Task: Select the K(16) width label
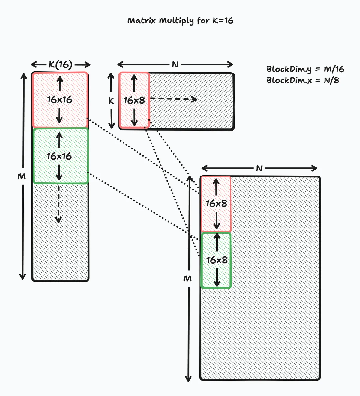(61, 64)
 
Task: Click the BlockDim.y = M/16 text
(305, 69)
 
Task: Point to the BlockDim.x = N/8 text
(303, 80)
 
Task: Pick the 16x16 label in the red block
(60, 100)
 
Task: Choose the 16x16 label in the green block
(59, 156)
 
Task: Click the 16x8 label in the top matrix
(134, 100)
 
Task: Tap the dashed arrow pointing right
(173, 99)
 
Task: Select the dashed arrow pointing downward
(58, 204)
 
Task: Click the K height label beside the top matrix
(111, 101)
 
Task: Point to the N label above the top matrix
(175, 64)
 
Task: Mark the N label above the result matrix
(259, 168)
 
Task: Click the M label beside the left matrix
(22, 176)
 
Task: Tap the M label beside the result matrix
(187, 279)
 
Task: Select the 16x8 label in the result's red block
(216, 204)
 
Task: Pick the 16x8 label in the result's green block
(217, 260)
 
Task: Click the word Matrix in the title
(142, 21)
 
